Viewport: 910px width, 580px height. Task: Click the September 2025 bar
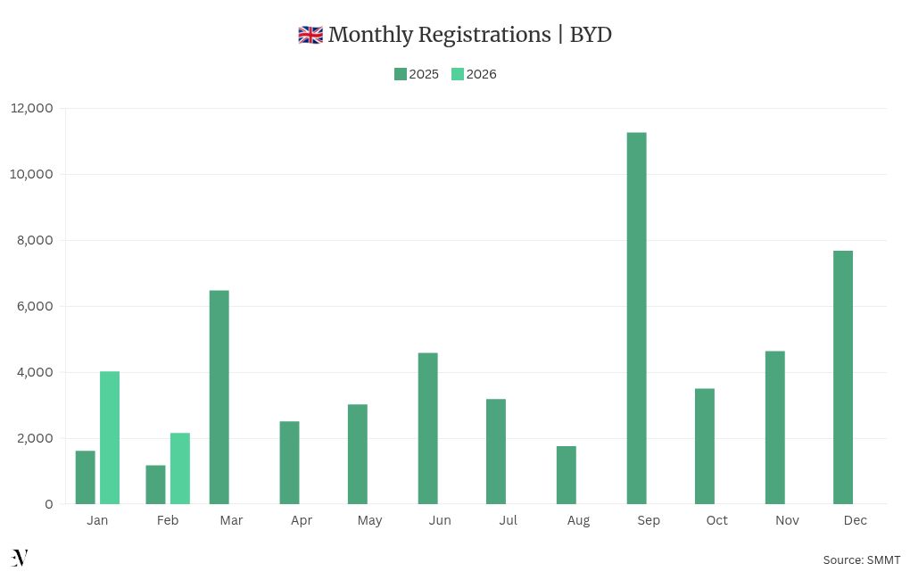636,318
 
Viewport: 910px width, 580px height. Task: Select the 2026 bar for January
110,437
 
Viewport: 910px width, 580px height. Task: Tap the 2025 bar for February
155,485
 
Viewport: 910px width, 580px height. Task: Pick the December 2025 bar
843,377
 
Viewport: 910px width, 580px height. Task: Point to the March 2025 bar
219,397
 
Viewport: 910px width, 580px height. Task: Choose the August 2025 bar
566,475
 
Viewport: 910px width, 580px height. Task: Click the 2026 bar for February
180,468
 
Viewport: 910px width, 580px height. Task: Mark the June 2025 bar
427,428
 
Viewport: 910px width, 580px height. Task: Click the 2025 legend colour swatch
401,74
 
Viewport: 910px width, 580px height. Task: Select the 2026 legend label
481,74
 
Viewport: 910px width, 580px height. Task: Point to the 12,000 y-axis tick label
32,108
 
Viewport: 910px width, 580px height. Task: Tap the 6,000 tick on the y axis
37,306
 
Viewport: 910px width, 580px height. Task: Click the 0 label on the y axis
48,504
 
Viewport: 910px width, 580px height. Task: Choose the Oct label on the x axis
716,520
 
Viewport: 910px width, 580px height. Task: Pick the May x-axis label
369,520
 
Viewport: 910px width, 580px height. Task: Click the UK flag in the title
310,35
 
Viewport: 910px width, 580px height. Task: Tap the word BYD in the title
591,35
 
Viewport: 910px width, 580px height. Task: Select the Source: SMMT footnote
861,559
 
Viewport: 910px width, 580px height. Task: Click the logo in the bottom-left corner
20,558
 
